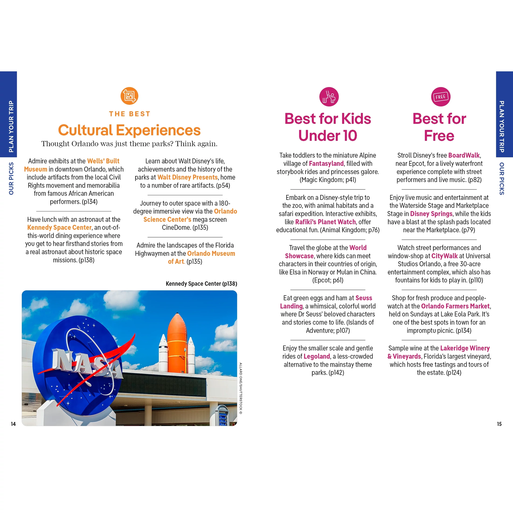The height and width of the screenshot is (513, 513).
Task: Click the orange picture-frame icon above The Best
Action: point(129,96)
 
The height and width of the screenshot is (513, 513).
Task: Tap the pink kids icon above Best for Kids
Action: point(329,97)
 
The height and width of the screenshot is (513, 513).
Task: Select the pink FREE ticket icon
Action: point(440,97)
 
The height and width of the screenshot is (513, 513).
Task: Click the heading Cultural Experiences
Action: point(129,130)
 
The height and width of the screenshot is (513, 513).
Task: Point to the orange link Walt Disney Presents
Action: point(187,177)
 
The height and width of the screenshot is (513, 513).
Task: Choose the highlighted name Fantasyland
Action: point(326,163)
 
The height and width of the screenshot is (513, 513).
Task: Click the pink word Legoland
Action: point(316,356)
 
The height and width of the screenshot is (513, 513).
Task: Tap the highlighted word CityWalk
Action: point(444,256)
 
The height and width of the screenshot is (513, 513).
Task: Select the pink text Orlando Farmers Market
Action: point(455,306)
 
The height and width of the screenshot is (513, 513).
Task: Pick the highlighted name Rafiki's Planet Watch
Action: point(325,222)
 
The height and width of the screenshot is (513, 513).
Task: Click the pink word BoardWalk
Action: point(464,155)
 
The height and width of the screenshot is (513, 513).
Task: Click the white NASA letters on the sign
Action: point(86,363)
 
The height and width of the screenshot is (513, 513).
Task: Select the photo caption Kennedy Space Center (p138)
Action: point(201,284)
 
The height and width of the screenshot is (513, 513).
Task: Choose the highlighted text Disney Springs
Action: point(431,214)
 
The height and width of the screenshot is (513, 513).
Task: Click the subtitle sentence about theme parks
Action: point(129,144)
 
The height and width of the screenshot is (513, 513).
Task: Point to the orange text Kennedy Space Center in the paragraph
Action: point(59,228)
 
